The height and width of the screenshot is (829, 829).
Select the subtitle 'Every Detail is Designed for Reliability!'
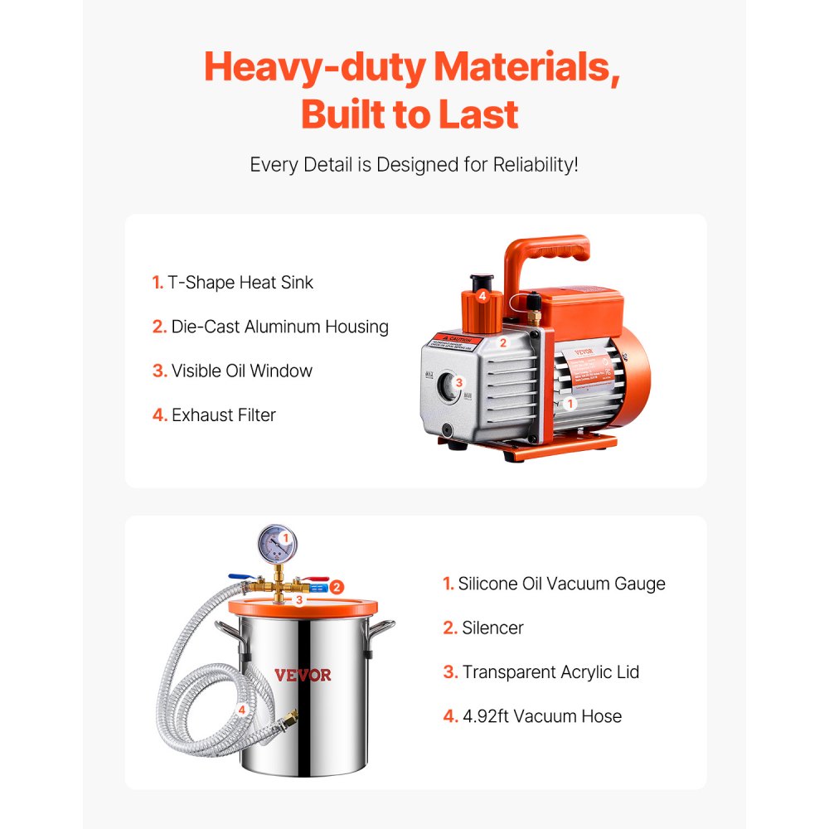414,164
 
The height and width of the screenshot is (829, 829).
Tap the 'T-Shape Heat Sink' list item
233,283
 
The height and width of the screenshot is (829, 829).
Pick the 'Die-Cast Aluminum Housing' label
270,327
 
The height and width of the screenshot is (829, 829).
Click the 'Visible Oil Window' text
232,371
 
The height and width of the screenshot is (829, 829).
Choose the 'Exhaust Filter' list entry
214,414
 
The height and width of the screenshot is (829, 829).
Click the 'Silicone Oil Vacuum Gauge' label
554,584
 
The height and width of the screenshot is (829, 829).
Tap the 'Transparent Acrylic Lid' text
541,671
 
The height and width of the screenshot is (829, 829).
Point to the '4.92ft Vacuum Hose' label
532,715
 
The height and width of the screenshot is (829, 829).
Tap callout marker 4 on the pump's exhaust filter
482,295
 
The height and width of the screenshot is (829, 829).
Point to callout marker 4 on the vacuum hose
241,710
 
